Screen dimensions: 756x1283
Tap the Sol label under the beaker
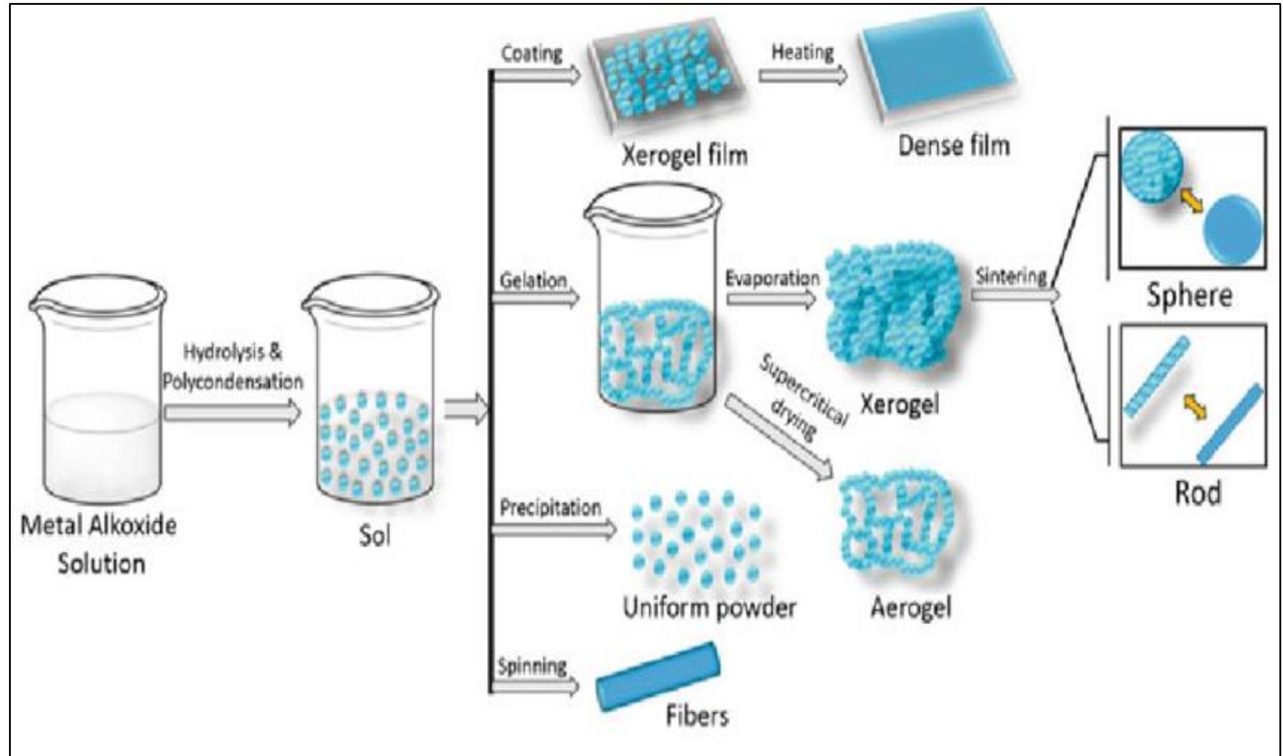coord(374,536)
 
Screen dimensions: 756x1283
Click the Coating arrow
coord(536,76)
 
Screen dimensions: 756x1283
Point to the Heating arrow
coord(802,76)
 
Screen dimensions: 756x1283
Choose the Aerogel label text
coord(911,608)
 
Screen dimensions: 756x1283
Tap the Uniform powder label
coord(709,608)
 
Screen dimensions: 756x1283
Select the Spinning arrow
coord(535,685)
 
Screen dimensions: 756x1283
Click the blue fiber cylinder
coord(658,676)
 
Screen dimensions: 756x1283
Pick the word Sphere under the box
coord(1189,296)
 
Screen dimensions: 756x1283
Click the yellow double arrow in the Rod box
coord(1194,409)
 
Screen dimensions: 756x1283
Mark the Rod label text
coord(1198,493)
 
